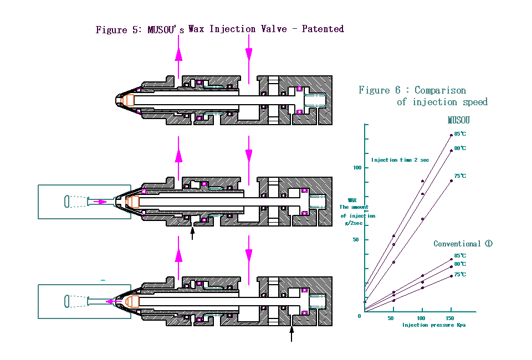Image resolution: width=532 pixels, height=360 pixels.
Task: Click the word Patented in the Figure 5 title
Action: point(323,29)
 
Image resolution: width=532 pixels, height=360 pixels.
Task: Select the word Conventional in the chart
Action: point(457,244)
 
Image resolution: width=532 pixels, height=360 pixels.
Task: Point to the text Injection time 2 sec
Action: point(400,160)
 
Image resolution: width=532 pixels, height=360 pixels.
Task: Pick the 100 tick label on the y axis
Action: point(357,167)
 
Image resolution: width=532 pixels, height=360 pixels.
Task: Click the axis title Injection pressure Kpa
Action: point(434,325)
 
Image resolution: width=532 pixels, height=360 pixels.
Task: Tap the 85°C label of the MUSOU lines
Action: point(460,134)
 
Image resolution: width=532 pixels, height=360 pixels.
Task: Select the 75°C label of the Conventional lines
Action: point(460,275)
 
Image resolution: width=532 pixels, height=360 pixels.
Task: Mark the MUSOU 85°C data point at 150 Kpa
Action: point(451,136)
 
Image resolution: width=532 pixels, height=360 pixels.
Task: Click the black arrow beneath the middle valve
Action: point(192,233)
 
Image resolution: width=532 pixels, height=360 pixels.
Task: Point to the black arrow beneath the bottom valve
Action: point(291,333)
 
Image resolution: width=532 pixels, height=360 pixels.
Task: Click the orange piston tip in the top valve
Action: point(130,100)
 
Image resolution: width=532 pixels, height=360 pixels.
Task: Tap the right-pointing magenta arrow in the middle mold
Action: point(100,202)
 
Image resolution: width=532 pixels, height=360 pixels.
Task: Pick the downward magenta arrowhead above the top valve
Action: point(249,55)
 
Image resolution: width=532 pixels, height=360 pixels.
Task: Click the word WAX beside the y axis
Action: point(352,200)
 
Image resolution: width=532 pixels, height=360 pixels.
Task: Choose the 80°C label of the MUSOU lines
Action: point(460,148)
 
